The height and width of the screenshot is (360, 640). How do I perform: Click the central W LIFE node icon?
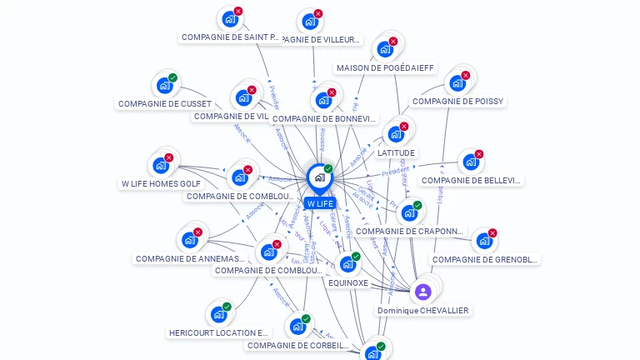click(319, 177)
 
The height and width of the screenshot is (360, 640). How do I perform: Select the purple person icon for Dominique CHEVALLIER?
click(422, 292)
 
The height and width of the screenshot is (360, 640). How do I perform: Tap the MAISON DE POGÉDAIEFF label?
click(385, 68)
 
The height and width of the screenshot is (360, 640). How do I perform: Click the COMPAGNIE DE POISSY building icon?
click(457, 83)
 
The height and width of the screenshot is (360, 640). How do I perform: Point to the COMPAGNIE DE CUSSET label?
click(165, 104)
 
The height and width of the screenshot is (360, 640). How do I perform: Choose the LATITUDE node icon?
click(396, 134)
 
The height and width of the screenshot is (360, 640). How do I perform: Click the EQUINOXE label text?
click(348, 282)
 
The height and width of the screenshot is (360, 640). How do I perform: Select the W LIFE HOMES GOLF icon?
click(161, 165)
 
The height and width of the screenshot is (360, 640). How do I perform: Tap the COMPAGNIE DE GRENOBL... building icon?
click(484, 242)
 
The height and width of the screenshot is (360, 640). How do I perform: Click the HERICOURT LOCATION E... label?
click(219, 332)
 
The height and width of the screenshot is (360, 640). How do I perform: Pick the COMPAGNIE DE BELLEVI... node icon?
click(471, 162)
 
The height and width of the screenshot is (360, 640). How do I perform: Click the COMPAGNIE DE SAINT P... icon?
click(229, 19)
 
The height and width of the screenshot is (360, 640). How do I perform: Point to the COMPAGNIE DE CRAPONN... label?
click(409, 232)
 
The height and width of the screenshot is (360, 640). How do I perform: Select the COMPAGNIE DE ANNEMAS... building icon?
click(190, 240)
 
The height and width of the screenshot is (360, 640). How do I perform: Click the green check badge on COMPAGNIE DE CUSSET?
click(172, 78)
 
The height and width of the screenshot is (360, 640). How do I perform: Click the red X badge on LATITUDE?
click(403, 127)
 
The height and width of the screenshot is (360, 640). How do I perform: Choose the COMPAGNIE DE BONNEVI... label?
click(324, 119)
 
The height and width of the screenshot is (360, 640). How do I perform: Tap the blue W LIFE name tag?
click(319, 203)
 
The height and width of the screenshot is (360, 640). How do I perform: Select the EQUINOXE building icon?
click(347, 264)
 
